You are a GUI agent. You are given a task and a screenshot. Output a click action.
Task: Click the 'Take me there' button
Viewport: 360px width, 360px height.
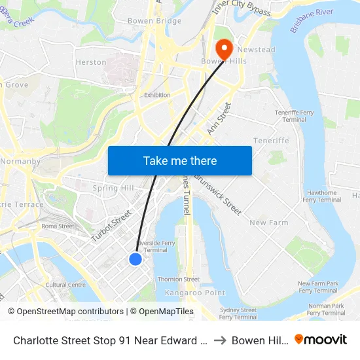(179, 160)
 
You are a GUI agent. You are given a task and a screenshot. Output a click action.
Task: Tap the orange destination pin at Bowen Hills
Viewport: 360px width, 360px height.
(223, 48)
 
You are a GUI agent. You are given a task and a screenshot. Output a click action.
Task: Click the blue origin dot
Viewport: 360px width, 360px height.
(135, 259)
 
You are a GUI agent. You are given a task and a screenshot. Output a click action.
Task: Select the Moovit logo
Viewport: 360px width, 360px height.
(321, 340)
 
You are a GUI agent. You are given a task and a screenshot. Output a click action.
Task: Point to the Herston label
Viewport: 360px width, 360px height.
(91, 62)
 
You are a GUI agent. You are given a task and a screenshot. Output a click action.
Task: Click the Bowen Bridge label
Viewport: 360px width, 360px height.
(154, 21)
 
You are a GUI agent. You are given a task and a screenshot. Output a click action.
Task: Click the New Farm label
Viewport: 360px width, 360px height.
(268, 223)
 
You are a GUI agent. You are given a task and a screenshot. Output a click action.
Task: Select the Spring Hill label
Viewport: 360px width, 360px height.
(113, 189)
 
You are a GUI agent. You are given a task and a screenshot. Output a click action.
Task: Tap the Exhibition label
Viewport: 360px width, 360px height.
(157, 95)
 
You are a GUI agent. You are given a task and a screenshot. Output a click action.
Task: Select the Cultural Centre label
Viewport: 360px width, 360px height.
(65, 285)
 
